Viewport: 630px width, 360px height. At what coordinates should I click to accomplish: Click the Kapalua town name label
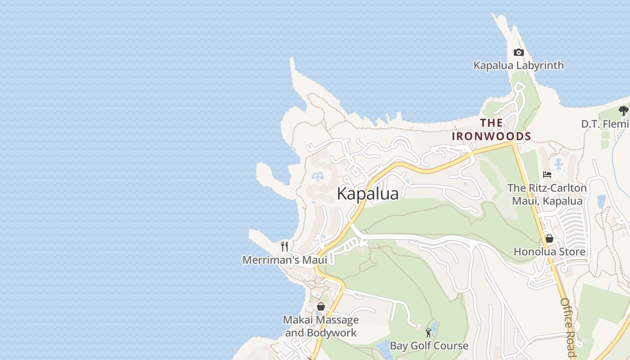coord(368,194)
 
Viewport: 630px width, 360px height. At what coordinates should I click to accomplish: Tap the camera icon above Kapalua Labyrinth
coord(518,52)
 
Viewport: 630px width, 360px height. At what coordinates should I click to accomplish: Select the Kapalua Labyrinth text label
coord(518,66)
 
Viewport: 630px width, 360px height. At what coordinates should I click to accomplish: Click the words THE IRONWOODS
coord(491,130)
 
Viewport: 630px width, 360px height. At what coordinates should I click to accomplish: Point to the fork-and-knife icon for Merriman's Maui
coord(284,246)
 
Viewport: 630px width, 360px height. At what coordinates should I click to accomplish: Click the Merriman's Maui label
coord(284,260)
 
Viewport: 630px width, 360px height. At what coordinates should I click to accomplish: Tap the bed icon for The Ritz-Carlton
coord(547,175)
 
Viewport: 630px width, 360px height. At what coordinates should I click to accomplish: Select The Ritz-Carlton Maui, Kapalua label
coord(547,194)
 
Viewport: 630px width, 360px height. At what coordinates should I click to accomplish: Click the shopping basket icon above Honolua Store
coord(549,238)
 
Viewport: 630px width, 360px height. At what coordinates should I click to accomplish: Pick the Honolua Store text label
coord(549,252)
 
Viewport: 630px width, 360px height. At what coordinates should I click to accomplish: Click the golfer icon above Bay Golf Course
coord(428,333)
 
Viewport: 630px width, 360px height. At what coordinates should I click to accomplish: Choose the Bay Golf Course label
coord(429,346)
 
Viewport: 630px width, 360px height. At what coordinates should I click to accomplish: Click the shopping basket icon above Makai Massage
coord(321,306)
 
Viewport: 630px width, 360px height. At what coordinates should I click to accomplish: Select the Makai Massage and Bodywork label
coord(321,326)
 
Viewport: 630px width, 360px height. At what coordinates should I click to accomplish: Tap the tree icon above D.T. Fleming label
coord(623,110)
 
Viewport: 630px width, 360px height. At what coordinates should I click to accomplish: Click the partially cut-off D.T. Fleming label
coord(605,124)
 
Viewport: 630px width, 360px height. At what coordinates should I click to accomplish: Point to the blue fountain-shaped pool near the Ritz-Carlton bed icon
coord(558,164)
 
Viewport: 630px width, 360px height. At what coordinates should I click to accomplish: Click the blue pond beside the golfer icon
coord(434,326)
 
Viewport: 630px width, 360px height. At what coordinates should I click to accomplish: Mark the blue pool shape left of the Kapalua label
coord(318,176)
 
